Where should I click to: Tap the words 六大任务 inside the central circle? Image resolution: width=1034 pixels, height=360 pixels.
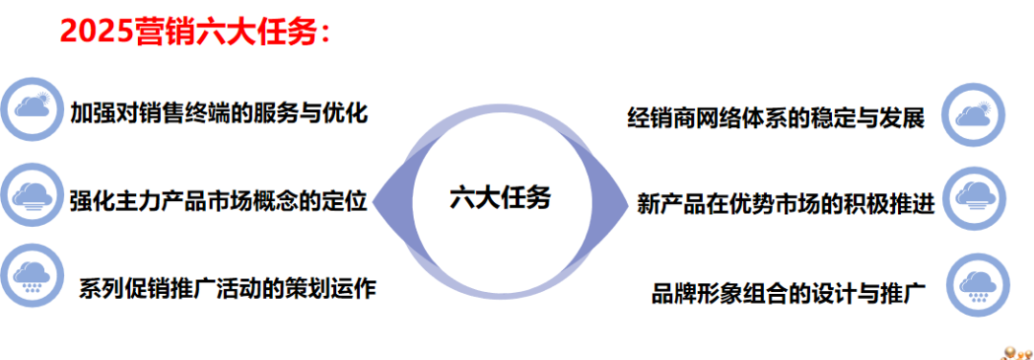pyautogui.click(x=500, y=197)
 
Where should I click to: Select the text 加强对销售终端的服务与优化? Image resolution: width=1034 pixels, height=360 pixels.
pyautogui.click(x=219, y=112)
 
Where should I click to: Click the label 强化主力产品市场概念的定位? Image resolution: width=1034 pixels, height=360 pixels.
pyautogui.click(x=219, y=202)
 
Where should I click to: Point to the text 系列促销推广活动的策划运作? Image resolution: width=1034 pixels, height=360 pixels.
pyautogui.click(x=227, y=287)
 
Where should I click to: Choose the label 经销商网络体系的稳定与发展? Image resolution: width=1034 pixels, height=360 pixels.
pyautogui.click(x=775, y=120)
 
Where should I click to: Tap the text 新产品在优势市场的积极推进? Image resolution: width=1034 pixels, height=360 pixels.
pyautogui.click(x=785, y=204)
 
